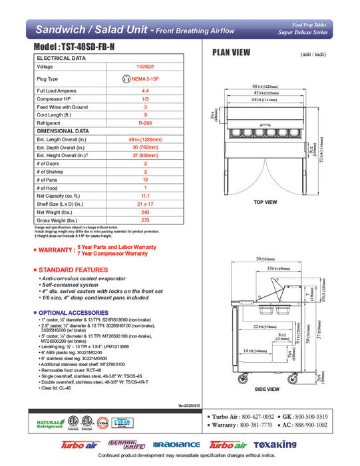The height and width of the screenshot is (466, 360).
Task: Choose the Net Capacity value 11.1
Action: (x=144, y=196)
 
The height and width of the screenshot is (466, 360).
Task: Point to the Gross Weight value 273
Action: (x=144, y=220)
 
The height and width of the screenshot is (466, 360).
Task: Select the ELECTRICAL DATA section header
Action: (x=61, y=58)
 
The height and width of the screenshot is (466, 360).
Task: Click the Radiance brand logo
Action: (x=176, y=445)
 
